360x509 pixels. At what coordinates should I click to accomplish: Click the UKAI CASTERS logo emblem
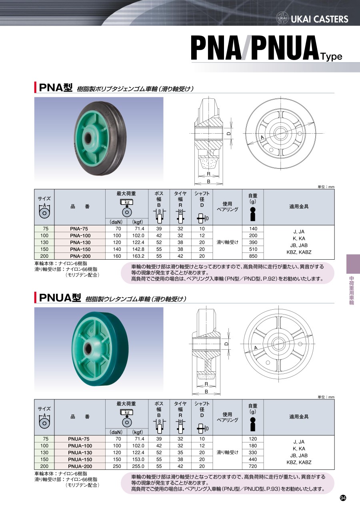click(x=282, y=18)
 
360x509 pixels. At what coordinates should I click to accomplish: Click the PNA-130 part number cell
click(x=80, y=242)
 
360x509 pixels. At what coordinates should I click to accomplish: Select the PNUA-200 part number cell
click(x=80, y=466)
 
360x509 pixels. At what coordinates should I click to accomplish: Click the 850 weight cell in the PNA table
click(x=253, y=256)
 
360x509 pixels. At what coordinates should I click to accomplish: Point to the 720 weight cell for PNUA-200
click(x=253, y=466)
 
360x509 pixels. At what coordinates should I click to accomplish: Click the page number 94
click(x=343, y=498)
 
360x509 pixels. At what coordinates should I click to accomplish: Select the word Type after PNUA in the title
click(x=332, y=57)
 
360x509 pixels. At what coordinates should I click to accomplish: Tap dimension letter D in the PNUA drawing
click(x=226, y=344)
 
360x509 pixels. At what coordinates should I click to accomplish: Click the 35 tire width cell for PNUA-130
click(x=180, y=453)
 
